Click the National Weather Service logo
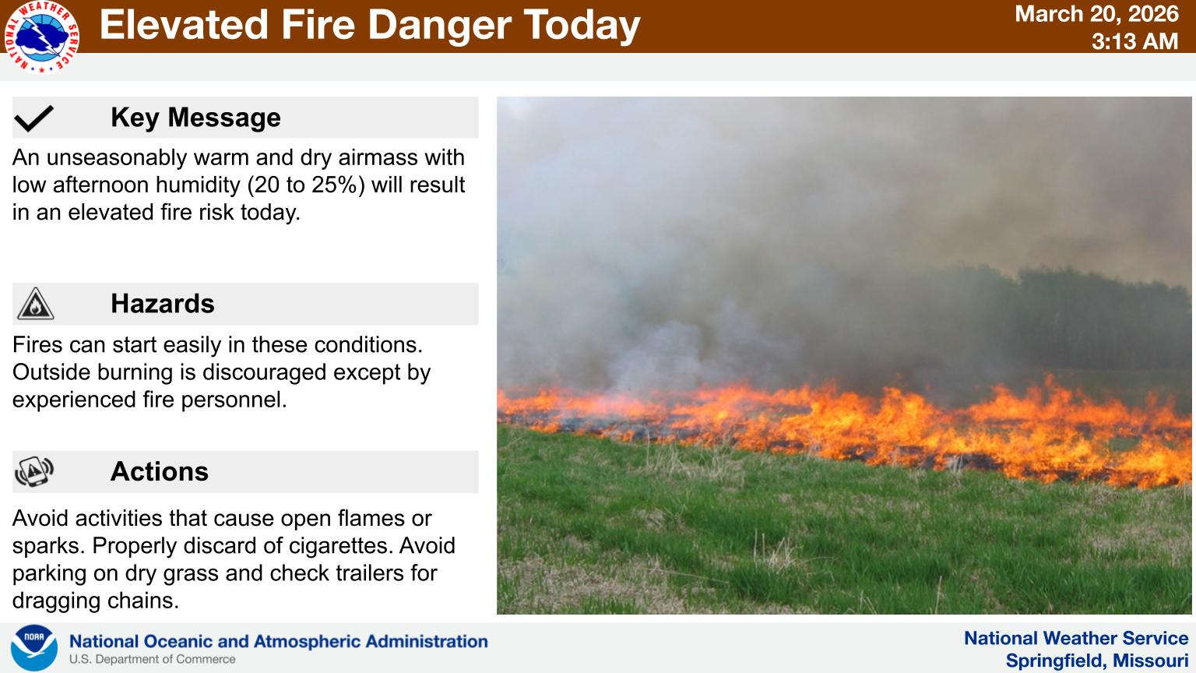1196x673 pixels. (x=41, y=37)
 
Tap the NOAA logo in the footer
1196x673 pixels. (x=33, y=647)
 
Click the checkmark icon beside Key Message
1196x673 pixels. (x=33, y=118)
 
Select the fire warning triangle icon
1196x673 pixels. (x=35, y=304)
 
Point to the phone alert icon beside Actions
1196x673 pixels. (x=34, y=471)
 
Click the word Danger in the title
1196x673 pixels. (x=439, y=26)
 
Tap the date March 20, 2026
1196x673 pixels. (x=1096, y=14)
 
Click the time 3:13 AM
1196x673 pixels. (x=1134, y=41)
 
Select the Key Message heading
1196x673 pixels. (x=195, y=118)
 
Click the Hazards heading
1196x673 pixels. (x=162, y=303)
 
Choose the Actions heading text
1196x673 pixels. (x=159, y=471)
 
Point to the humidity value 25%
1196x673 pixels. (x=339, y=185)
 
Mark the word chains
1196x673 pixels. (x=143, y=601)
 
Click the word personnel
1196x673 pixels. (x=234, y=400)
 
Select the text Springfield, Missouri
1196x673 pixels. (x=1096, y=661)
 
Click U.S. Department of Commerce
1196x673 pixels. (x=152, y=659)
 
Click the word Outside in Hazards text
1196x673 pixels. (x=51, y=372)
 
